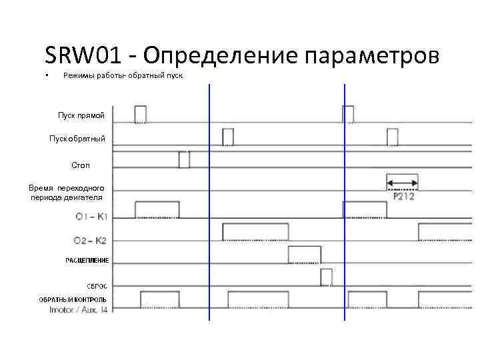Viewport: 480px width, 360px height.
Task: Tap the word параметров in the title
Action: coord(372,56)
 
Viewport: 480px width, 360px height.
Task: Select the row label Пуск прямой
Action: coord(81,117)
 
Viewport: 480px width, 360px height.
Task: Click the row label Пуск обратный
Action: coord(77,139)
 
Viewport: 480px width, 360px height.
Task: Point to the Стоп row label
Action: coord(80,164)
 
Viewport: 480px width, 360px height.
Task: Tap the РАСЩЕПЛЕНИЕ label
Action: coord(87,260)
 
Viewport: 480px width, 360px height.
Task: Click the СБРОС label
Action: coord(97,286)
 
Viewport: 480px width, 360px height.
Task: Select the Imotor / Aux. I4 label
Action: coord(79,309)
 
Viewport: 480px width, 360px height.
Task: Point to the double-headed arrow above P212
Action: coord(402,182)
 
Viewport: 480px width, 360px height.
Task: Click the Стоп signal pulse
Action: coord(184,159)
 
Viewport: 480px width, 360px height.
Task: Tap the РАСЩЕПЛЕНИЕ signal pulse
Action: coord(304,255)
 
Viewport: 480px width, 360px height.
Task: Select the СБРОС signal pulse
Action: coord(326,277)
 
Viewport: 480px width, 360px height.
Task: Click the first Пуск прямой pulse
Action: coord(140,114)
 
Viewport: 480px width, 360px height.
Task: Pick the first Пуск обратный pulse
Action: coord(228,137)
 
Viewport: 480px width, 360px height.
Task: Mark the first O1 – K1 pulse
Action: coord(157,209)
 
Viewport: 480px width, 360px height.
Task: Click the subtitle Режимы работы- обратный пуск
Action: coord(123,76)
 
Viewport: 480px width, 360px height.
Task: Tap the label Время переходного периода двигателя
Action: coord(67,193)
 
